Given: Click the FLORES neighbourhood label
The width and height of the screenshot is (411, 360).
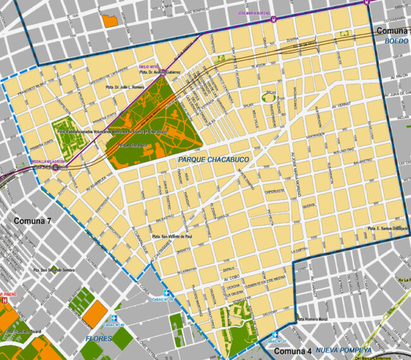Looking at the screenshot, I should pos(99,338).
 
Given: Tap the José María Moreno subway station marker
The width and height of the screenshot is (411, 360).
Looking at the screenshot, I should pos(274,18).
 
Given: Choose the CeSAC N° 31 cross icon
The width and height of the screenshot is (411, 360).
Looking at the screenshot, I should pos(274,334).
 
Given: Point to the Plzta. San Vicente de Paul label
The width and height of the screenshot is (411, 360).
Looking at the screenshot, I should pos(176,237).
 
